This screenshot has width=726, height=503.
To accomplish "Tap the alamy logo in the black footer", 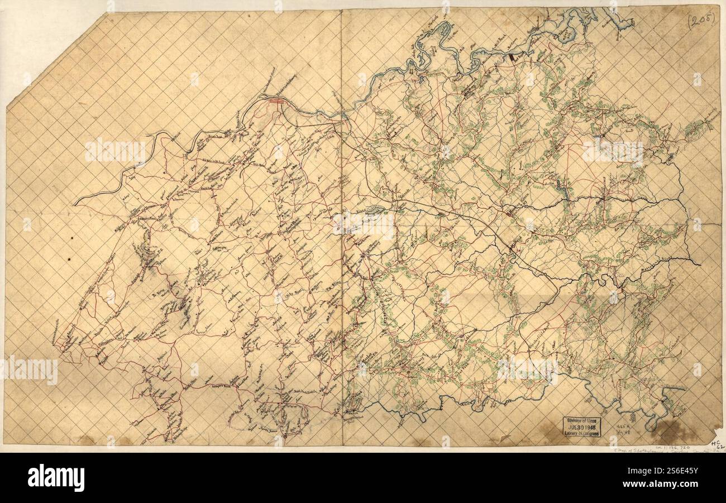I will tap(56, 478).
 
